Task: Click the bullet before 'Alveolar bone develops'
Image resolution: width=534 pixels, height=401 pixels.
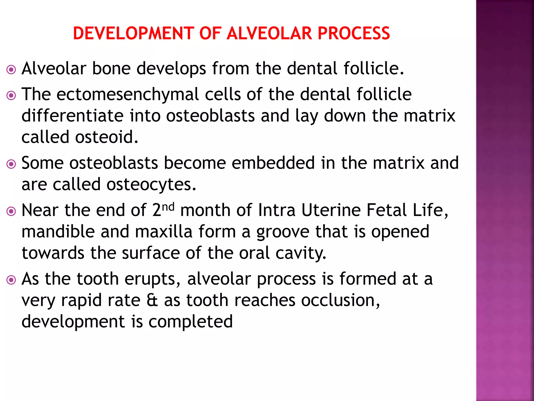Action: [11, 70]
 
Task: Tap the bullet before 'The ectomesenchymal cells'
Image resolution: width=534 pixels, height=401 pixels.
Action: [11, 96]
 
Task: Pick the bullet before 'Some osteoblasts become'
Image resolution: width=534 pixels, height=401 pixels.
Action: [11, 164]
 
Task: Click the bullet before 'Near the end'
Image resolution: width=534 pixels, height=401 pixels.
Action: [11, 211]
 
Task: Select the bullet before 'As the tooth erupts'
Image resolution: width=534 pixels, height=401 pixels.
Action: [11, 280]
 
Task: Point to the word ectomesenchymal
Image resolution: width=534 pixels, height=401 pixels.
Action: [128, 95]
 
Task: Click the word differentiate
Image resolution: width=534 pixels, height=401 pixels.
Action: [72, 116]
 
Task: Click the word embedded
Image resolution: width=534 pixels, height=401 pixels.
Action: [273, 163]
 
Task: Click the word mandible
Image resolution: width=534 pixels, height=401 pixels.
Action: [58, 232]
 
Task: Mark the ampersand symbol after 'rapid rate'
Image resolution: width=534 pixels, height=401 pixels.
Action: [152, 300]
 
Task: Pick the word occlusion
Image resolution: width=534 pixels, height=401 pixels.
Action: [341, 300]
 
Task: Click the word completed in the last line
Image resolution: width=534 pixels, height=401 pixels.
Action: [190, 322]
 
